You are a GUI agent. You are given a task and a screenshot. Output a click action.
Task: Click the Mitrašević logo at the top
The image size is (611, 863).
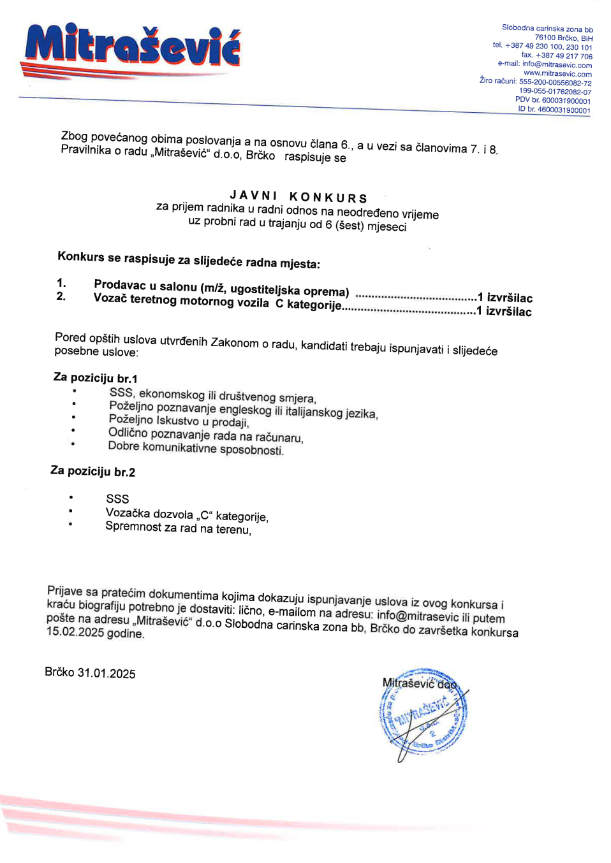(133, 46)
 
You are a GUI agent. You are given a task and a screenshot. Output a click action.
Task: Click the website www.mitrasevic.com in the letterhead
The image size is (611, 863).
(557, 74)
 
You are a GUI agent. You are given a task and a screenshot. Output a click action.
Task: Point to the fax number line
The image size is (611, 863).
(557, 56)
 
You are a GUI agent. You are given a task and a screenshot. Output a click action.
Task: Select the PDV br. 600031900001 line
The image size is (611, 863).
(553, 101)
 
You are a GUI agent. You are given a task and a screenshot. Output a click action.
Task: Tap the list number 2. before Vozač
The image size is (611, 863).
(61, 296)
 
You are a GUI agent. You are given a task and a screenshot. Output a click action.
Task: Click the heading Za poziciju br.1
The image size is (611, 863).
(95, 378)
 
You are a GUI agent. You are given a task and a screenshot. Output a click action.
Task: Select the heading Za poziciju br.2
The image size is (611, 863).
(92, 472)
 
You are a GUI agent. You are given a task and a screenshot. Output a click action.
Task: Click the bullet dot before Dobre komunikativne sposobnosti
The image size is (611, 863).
(73, 444)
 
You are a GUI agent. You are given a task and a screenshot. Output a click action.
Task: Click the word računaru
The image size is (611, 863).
(279, 437)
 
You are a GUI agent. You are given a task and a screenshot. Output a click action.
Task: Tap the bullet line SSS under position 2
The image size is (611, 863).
(117, 499)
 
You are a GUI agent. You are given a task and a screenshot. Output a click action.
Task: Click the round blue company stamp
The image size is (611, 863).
(423, 712)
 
